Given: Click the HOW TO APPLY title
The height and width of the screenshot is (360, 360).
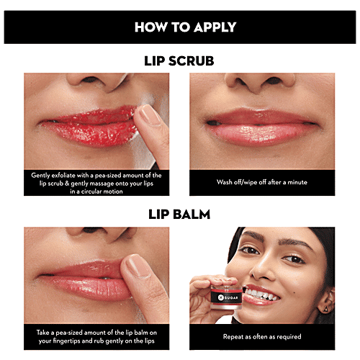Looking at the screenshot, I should (x=180, y=28).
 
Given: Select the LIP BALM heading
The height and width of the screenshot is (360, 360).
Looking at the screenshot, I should (x=180, y=214).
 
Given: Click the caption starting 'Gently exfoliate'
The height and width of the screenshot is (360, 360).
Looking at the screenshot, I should (x=96, y=181).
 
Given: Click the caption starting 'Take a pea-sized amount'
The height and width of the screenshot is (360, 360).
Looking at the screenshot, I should (x=96, y=336).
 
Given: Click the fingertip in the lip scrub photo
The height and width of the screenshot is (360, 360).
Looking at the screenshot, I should (x=147, y=115).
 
